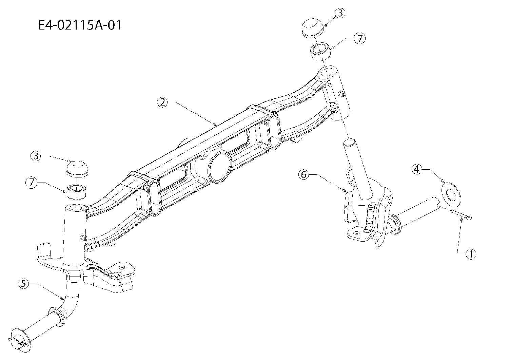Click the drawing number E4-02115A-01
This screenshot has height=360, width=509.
coord(80,25)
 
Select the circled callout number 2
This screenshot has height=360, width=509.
coord(162,102)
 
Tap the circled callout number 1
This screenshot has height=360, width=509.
coord(471,254)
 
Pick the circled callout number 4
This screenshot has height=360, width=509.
coord(417,169)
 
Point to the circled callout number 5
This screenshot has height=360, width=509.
coord(24,284)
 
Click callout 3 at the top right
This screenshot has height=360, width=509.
coord(340,13)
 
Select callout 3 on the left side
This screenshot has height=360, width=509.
coord(36,156)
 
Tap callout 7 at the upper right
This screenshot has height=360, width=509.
coord(360,39)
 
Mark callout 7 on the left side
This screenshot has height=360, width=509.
coord(31,183)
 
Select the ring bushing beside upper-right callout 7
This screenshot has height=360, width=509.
coord(320,52)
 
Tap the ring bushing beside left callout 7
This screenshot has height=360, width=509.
coord(77,191)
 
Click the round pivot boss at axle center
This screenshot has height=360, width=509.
coord(219,167)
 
